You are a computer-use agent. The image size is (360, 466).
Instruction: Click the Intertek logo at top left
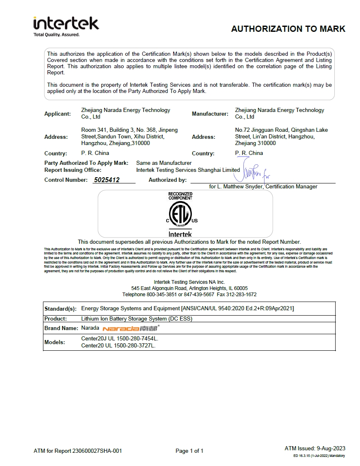click(66, 26)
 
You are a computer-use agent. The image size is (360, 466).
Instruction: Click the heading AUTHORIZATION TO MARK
click(288, 29)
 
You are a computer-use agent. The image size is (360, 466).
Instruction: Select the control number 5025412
click(107, 180)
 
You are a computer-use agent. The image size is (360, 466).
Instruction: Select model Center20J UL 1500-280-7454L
click(120, 338)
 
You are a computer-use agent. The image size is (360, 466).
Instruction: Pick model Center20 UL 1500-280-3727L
click(118, 346)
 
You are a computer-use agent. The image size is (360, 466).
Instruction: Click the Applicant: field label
click(57, 114)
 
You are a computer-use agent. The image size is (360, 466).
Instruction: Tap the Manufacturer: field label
click(210, 114)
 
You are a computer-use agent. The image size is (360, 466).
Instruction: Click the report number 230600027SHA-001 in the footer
click(97, 451)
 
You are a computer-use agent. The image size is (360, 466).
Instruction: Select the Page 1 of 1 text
click(189, 451)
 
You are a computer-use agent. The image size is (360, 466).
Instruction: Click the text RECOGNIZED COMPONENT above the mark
click(180, 196)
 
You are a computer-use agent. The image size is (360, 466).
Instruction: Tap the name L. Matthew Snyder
click(239, 187)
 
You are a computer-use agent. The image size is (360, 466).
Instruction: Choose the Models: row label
click(55, 342)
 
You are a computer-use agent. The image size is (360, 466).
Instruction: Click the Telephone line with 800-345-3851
click(189, 295)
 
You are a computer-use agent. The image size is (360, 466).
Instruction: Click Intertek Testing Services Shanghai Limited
click(188, 170)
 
